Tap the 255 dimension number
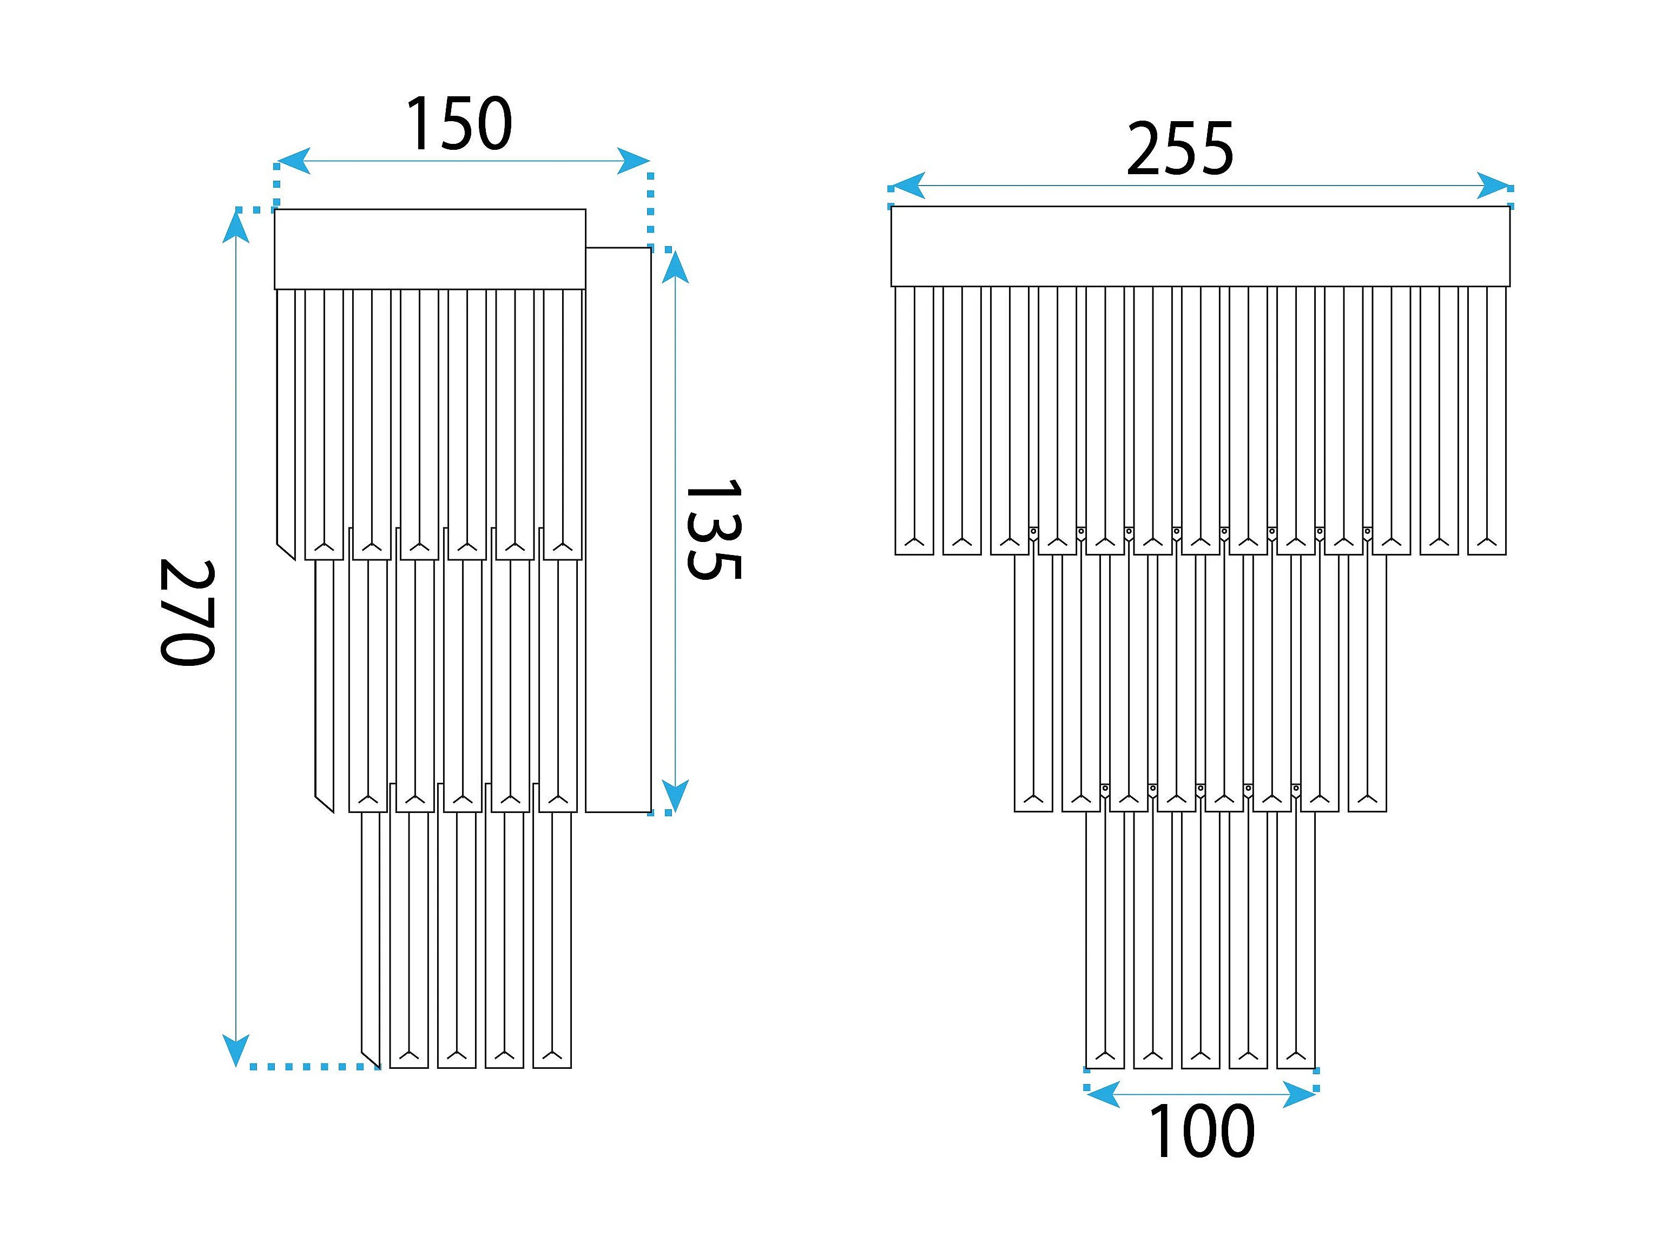pyautogui.click(x=1180, y=149)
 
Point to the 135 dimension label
pyautogui.click(x=712, y=528)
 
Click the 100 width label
pyautogui.click(x=1201, y=1132)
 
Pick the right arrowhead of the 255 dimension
pyautogui.click(x=1494, y=186)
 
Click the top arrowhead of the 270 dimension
pyautogui.click(x=236, y=226)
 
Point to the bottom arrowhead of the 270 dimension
pyautogui.click(x=236, y=1051)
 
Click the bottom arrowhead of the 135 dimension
pyautogui.click(x=675, y=796)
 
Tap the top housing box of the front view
pyautogui.click(x=1200, y=246)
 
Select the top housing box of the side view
pyautogui.click(x=430, y=249)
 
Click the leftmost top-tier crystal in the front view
pyautogui.click(x=914, y=420)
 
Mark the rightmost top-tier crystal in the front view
pyautogui.click(x=1486, y=420)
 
